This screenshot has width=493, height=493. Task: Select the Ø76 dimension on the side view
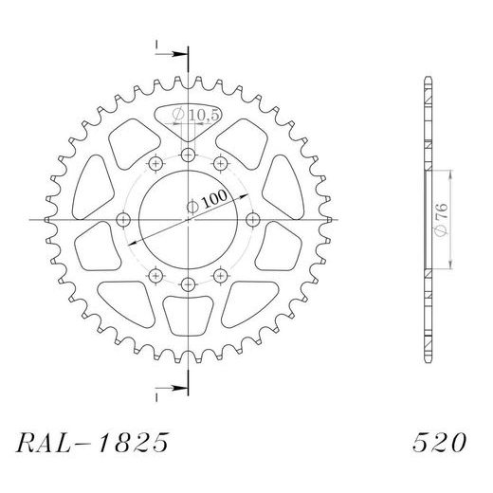tap(444, 219)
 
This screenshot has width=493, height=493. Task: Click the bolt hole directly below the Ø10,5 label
tap(188, 155)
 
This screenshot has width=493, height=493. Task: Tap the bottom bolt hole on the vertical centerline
tap(188, 283)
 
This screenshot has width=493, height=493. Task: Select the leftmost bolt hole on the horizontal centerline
tap(123, 220)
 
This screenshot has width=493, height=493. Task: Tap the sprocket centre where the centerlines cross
tap(188, 220)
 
